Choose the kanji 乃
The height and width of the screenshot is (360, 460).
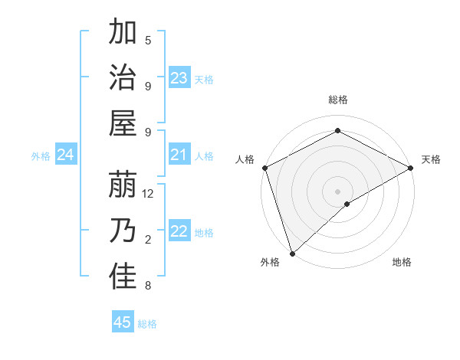pyautogui.click(x=123, y=231)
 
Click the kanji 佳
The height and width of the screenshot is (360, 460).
pyautogui.click(x=123, y=277)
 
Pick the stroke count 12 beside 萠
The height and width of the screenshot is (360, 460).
pyautogui.click(x=149, y=194)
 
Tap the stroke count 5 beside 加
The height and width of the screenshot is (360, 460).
pyautogui.click(x=149, y=41)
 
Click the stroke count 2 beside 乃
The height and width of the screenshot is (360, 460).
pyautogui.click(x=148, y=240)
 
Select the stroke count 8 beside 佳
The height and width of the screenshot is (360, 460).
pyautogui.click(x=148, y=286)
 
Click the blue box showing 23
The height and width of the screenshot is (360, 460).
pyautogui.click(x=179, y=78)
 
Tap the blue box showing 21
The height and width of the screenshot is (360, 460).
pyautogui.click(x=179, y=155)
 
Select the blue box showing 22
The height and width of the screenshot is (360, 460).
pyautogui.click(x=179, y=232)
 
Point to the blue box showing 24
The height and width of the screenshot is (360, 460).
pyautogui.click(x=66, y=155)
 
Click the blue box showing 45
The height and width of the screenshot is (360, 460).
pyautogui.click(x=123, y=322)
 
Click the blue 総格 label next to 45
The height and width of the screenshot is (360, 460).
pyautogui.click(x=147, y=324)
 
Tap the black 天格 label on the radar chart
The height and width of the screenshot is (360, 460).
pyautogui.click(x=431, y=159)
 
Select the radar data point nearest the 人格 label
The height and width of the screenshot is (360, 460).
pyautogui.click(x=264, y=168)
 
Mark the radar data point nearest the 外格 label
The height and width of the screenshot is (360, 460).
pyautogui.click(x=291, y=253)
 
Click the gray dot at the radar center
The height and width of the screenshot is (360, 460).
pyautogui.click(x=337, y=191)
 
